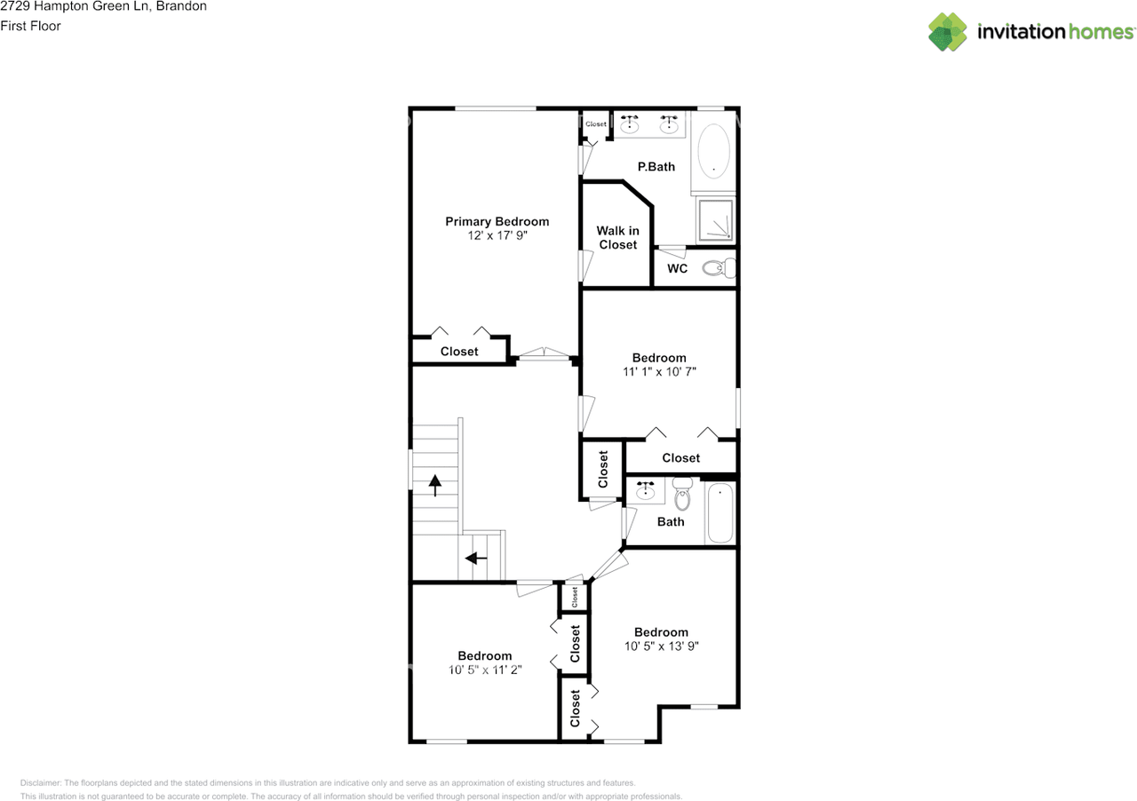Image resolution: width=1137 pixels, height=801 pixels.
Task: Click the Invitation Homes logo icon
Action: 948,32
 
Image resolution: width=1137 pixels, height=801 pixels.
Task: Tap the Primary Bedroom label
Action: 497,221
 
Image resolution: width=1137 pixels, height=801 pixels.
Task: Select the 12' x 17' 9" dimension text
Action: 497,236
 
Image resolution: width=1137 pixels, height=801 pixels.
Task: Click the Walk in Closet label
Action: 617,237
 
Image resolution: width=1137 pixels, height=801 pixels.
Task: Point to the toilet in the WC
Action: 719,267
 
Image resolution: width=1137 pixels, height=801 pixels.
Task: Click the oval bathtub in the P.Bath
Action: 714,150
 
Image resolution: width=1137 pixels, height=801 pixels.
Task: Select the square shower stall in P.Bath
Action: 715,219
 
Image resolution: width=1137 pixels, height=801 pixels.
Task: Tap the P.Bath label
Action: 656,166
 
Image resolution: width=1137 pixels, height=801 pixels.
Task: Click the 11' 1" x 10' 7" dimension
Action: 658,373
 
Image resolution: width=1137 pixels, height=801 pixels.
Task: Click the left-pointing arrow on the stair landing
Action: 476,558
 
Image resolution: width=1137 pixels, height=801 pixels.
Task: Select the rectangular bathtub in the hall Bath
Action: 720,513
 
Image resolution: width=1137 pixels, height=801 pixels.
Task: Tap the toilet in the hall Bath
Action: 682,494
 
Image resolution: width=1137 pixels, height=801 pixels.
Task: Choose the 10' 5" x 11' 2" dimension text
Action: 484,670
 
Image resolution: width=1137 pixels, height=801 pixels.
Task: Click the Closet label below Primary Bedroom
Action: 459,352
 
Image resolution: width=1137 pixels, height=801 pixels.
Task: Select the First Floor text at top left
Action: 30,26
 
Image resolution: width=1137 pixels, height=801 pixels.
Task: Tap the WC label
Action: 677,268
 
